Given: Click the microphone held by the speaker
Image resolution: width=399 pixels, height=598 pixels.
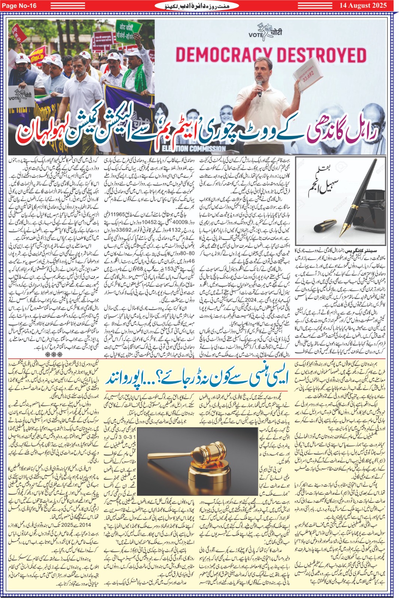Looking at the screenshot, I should pyautogui.click(x=259, y=88).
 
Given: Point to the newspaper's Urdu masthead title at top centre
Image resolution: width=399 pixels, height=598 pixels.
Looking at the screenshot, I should pyautogui.click(x=200, y=6).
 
